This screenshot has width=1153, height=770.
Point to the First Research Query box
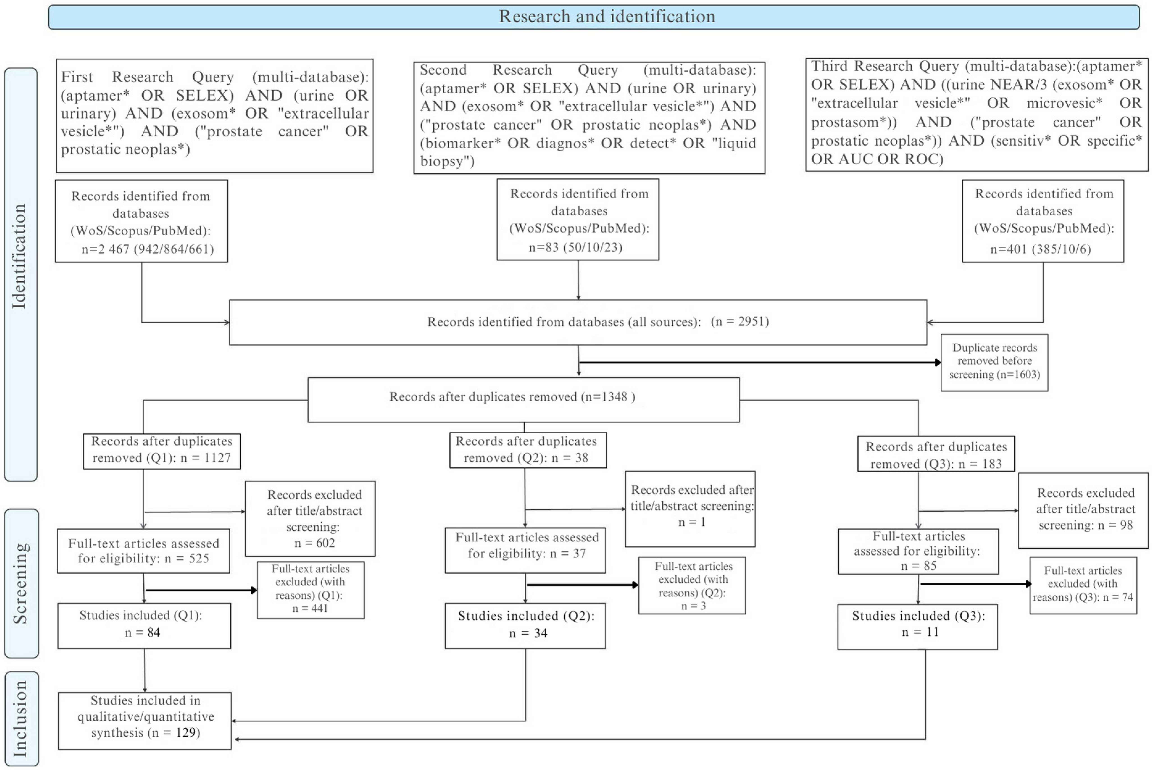[215, 115]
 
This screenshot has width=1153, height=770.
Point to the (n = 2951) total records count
[739, 322]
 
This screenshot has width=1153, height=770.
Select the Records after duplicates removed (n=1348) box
[523, 399]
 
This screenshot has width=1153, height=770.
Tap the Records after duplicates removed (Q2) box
[528, 450]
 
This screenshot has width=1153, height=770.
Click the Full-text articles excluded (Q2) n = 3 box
[692, 585]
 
